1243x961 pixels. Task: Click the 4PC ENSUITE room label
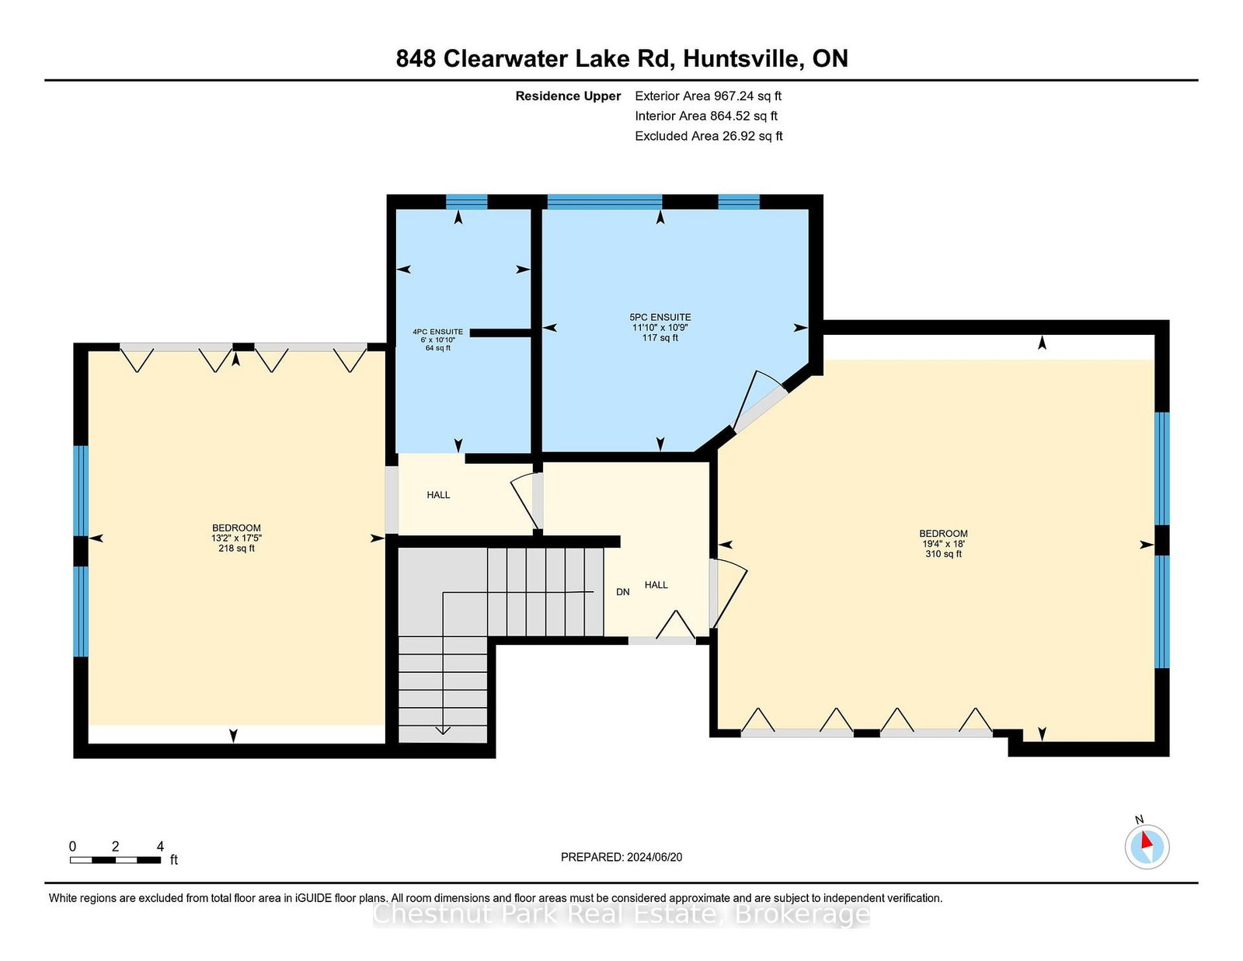(x=437, y=332)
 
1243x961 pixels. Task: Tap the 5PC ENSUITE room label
(x=660, y=317)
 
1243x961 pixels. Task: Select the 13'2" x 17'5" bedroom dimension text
(x=236, y=538)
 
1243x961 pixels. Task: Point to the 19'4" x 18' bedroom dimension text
(x=943, y=544)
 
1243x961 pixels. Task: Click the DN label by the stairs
(x=623, y=592)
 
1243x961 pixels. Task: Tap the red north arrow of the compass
(x=1146, y=841)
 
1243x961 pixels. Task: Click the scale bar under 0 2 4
(x=115, y=860)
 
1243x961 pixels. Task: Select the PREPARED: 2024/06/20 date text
(x=621, y=857)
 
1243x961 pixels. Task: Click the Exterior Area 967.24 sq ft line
(x=709, y=96)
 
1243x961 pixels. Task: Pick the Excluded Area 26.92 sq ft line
(x=709, y=136)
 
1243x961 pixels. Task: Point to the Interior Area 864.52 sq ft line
(x=706, y=116)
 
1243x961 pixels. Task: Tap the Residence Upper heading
(x=568, y=96)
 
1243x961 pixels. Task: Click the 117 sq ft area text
(x=660, y=337)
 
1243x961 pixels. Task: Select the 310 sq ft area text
(x=943, y=554)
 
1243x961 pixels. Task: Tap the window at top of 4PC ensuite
(x=467, y=202)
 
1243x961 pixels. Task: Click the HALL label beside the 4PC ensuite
(x=438, y=495)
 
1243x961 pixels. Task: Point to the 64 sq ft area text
(x=437, y=348)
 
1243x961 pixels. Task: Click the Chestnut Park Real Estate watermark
(x=621, y=914)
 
